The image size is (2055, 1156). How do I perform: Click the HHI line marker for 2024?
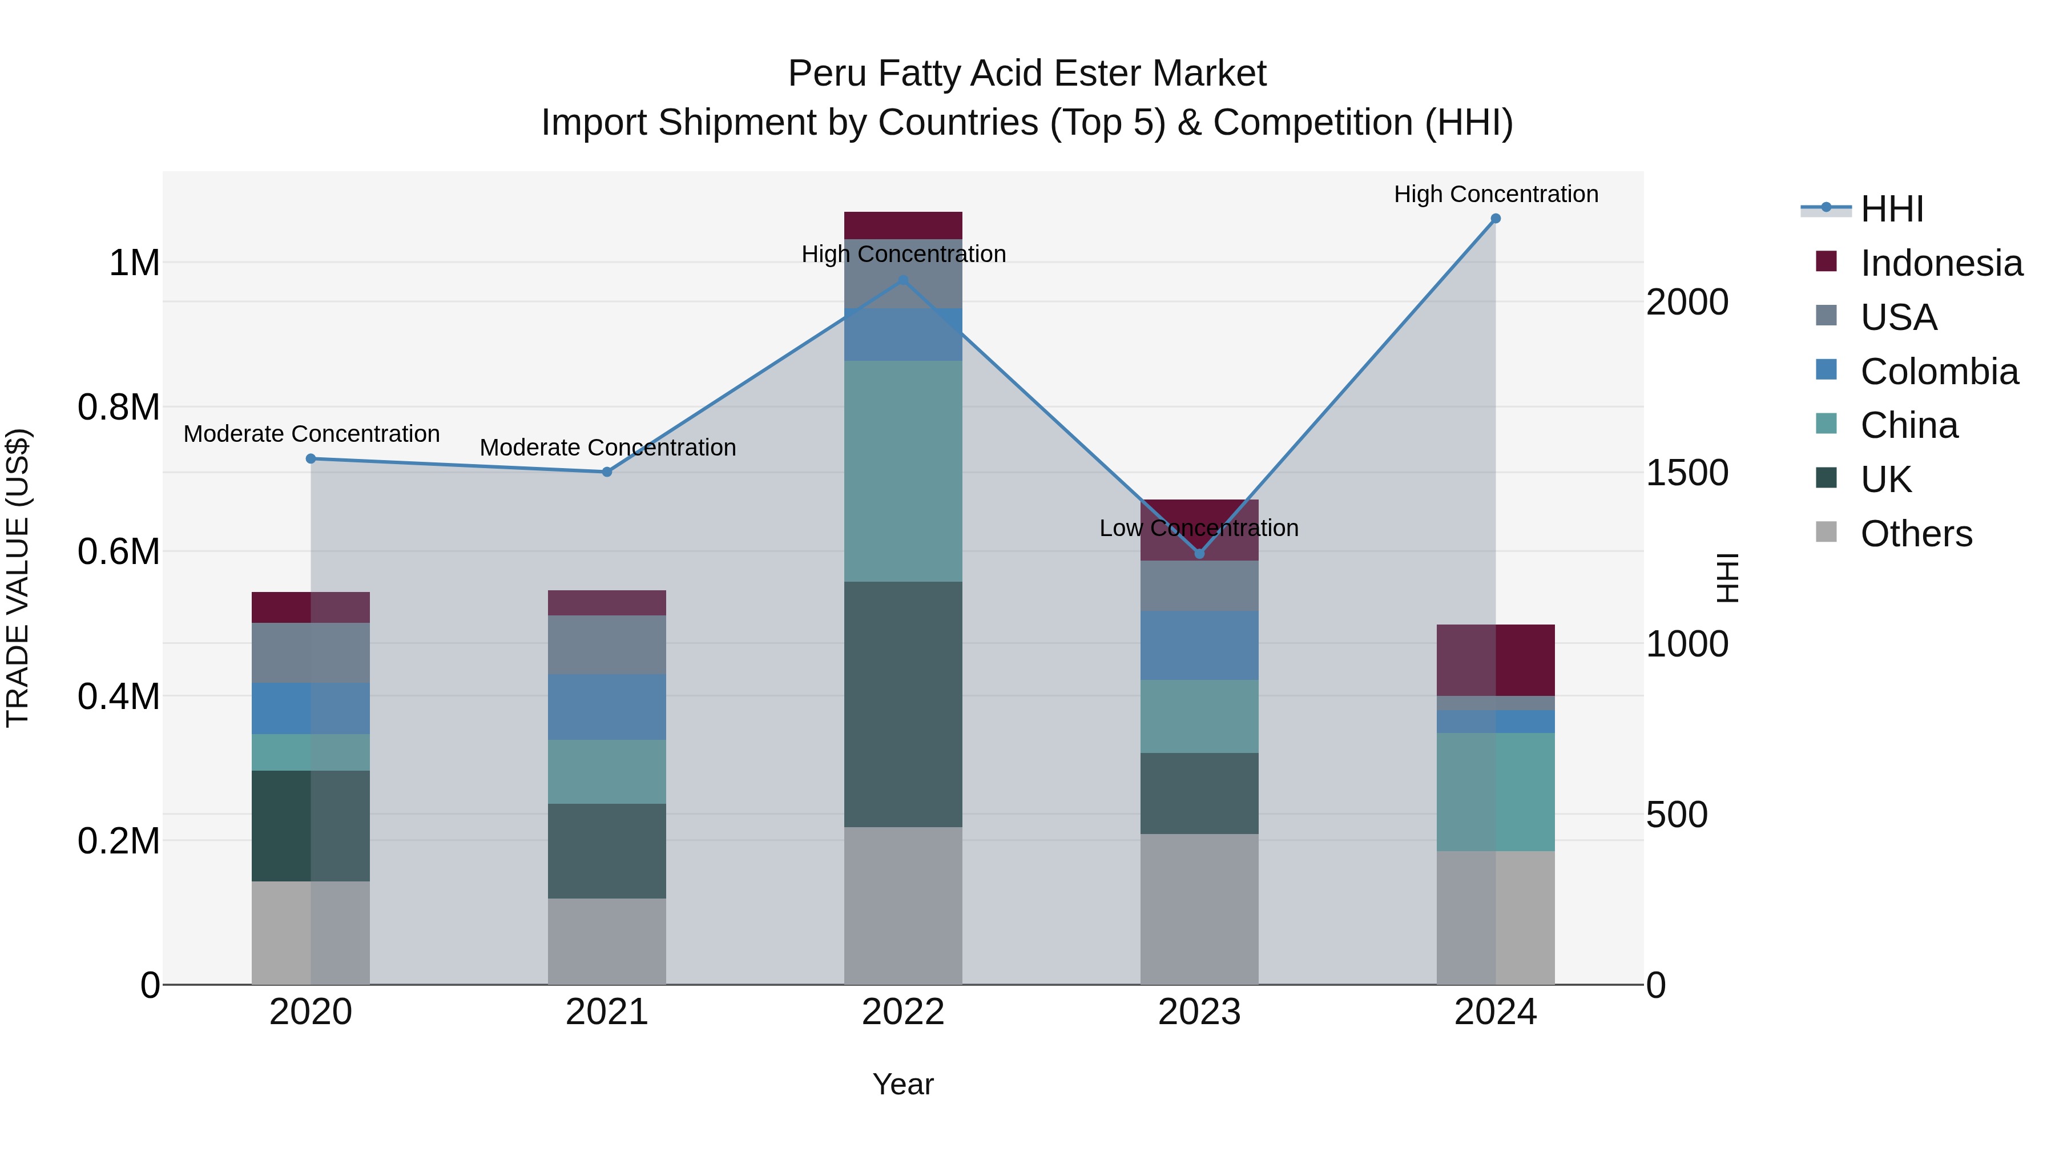(x=1495, y=219)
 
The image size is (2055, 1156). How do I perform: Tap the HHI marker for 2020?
(x=311, y=459)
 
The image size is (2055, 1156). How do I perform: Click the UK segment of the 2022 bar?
(x=903, y=704)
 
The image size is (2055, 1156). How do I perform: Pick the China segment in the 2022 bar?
(x=903, y=471)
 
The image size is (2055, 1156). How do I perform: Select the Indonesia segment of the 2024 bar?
(x=1495, y=660)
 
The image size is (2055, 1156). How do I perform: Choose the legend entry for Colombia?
(x=1939, y=372)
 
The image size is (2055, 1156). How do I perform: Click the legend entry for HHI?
(x=1891, y=209)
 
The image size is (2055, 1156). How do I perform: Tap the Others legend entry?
(x=1915, y=534)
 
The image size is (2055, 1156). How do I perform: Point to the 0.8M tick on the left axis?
(x=119, y=408)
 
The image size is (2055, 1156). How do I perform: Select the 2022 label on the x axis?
(x=903, y=1012)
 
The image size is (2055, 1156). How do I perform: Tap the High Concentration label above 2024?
(x=1495, y=194)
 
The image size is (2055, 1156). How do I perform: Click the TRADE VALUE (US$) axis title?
(x=18, y=578)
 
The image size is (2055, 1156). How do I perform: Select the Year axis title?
(x=903, y=1084)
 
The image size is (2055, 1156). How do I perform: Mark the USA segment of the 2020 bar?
(x=311, y=652)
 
